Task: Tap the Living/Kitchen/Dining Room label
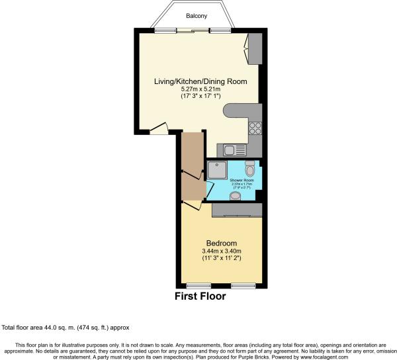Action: coord(200,81)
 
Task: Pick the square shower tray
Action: coord(218,171)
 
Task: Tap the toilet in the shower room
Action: coord(249,164)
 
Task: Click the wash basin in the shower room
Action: coord(235,195)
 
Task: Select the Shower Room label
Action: coord(241,180)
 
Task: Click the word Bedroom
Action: coord(221,242)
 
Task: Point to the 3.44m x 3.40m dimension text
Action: coord(221,251)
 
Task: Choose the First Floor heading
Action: coord(200,296)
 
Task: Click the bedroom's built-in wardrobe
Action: coord(237,210)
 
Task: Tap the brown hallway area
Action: coord(192,165)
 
